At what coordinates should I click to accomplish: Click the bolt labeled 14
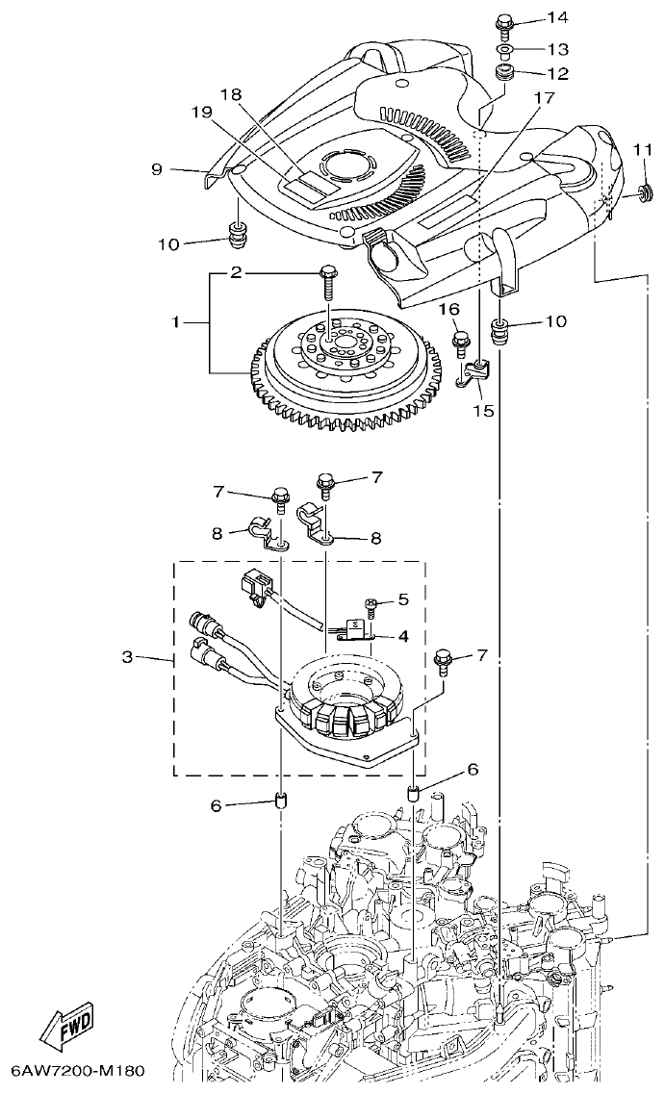(504, 22)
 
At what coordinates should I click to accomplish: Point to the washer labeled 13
(504, 48)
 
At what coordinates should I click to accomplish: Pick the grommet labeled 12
(504, 72)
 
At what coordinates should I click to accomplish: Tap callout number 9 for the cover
(157, 168)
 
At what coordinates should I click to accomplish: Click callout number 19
(200, 112)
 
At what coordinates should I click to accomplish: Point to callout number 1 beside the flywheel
(176, 323)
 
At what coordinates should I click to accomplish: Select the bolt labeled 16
(462, 340)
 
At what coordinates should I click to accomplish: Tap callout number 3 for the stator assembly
(127, 658)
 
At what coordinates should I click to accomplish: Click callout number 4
(403, 635)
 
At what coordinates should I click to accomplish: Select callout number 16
(449, 309)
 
